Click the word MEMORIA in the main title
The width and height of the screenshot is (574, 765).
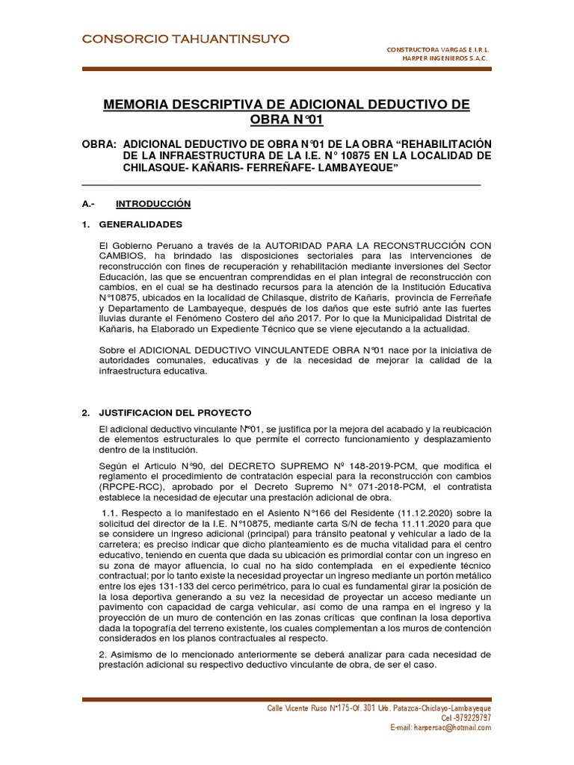tap(141, 104)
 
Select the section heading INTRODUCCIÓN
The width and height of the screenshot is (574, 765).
tap(153, 203)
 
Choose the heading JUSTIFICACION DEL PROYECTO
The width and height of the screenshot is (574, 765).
tap(175, 412)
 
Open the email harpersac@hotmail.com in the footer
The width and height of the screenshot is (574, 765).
tap(442, 727)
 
